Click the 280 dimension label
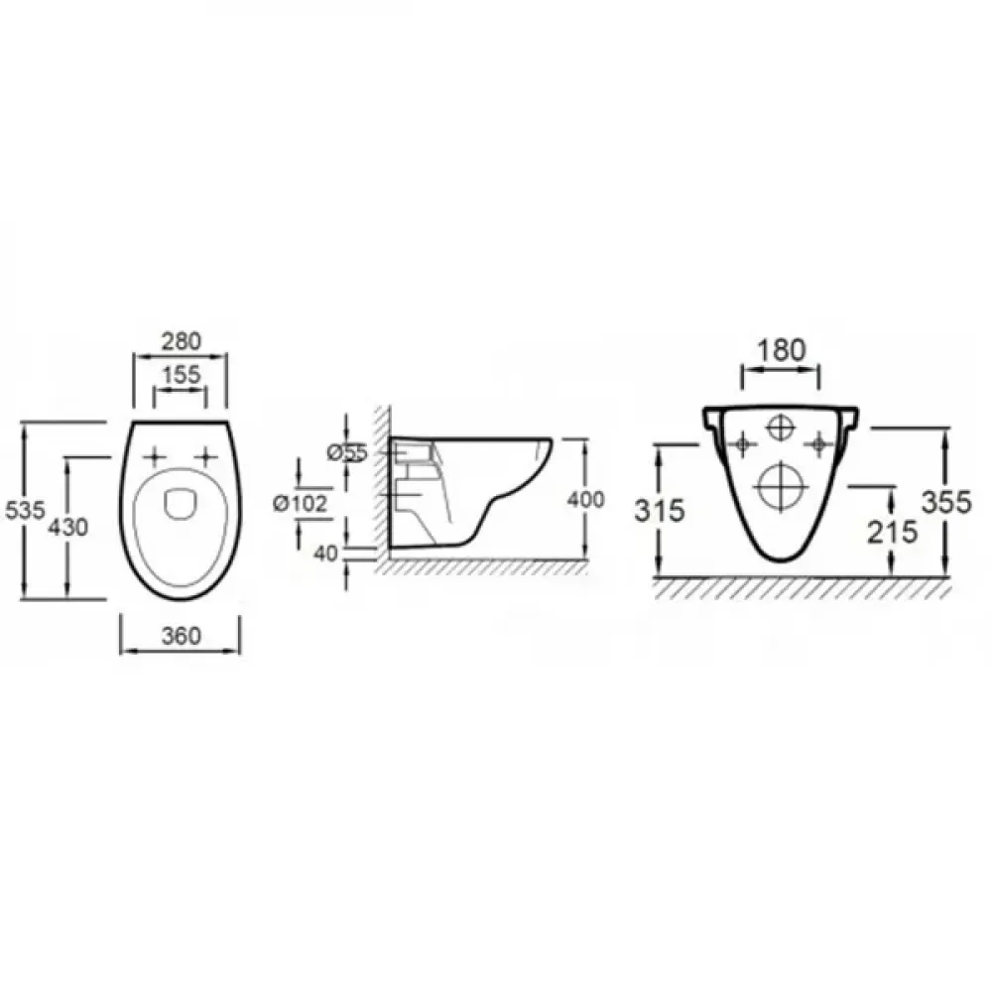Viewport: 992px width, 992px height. pos(181,341)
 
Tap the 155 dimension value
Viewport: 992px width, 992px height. pos(181,375)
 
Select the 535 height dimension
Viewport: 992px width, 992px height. pos(26,510)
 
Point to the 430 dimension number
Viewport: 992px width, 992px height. pos(68,527)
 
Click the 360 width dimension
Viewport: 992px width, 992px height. pos(181,636)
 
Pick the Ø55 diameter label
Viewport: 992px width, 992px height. pos(347,453)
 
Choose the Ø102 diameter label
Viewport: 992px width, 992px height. pos(301,504)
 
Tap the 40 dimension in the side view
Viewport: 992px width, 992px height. pos(326,554)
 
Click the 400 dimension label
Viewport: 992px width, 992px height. pos(586,500)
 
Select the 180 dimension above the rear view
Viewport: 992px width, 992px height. pos(782,350)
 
